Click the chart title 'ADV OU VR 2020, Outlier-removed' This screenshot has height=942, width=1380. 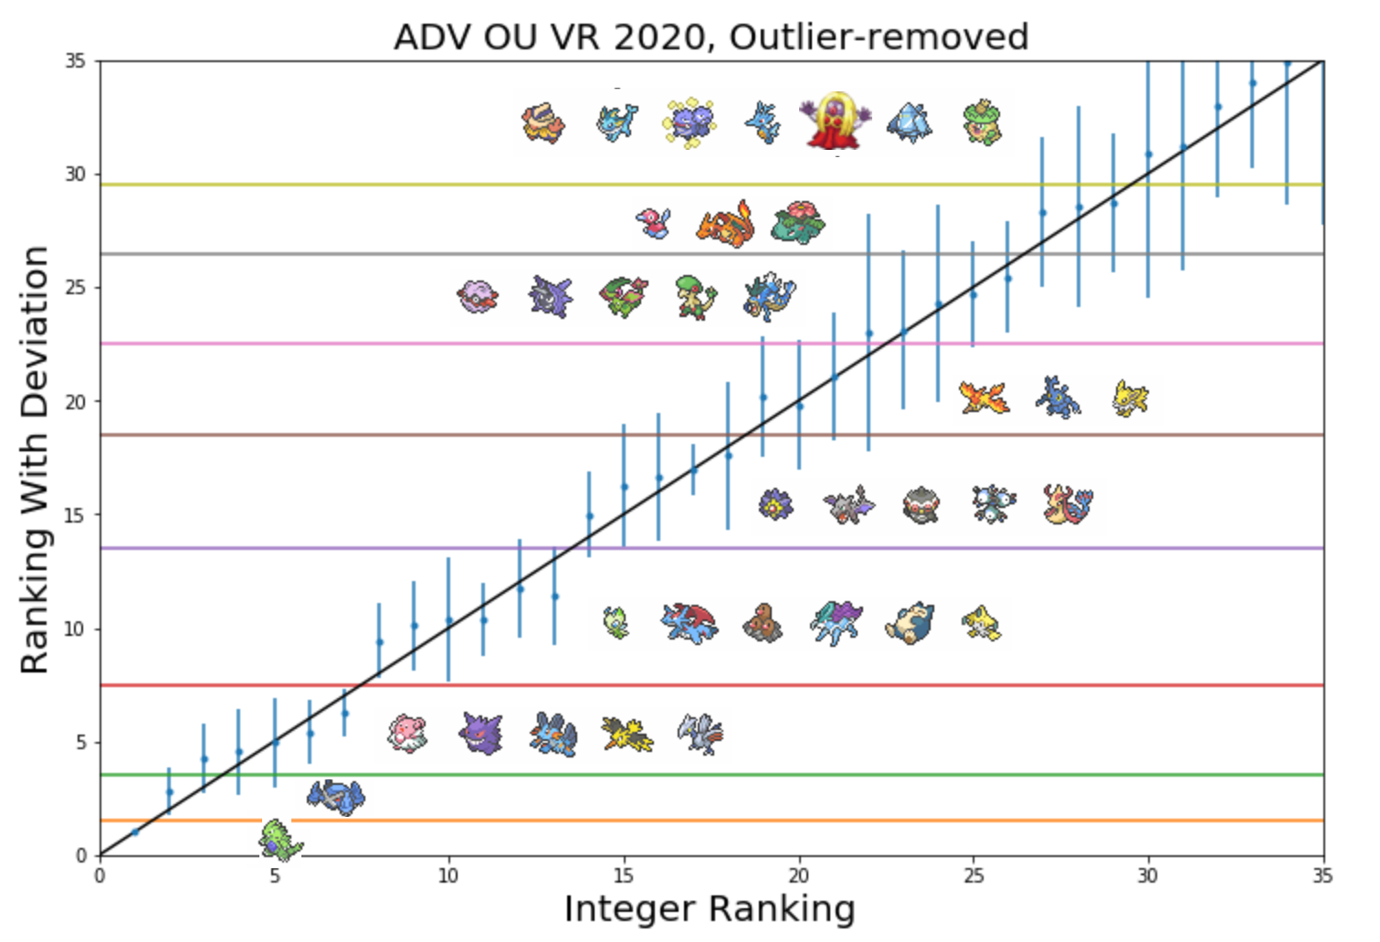tap(711, 37)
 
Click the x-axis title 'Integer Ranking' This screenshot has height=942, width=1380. tap(710, 909)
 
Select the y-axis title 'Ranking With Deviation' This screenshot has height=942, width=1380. tap(35, 460)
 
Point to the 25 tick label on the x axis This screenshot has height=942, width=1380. tap(974, 876)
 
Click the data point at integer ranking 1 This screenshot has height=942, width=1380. tap(135, 832)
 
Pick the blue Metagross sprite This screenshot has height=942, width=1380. tap(336, 797)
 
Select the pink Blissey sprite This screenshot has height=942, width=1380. tap(407, 733)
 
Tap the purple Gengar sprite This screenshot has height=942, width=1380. tap(480, 733)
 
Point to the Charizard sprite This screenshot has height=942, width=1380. tap(726, 225)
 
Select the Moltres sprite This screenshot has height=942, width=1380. tap(984, 398)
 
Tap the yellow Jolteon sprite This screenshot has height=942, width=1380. tap(1131, 398)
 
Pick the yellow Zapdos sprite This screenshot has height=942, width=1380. tap(627, 734)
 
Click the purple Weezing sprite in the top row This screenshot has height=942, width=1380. tap(690, 122)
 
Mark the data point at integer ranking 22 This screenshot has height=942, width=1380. tap(869, 333)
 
